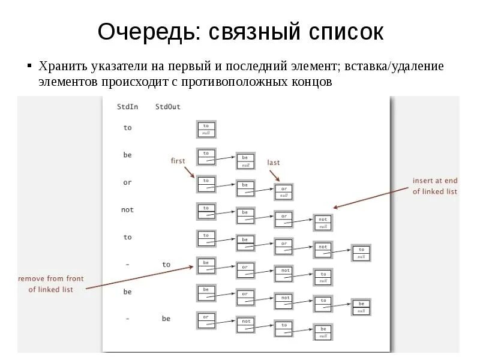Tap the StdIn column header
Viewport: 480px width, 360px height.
click(127, 107)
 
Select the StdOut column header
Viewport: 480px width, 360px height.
click(168, 107)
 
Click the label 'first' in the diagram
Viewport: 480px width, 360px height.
click(178, 161)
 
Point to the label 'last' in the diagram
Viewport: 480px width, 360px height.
click(274, 163)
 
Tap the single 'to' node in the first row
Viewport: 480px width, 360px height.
click(206, 129)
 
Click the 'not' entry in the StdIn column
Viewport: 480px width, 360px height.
click(127, 210)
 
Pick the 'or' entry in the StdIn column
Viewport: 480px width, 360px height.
click(127, 182)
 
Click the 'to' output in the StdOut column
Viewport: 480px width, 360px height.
click(166, 265)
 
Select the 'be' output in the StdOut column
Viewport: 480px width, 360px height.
click(166, 319)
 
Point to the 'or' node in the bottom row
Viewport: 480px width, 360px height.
click(206, 320)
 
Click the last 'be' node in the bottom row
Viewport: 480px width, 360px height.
click(323, 332)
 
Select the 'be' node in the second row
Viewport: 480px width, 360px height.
click(245, 160)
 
